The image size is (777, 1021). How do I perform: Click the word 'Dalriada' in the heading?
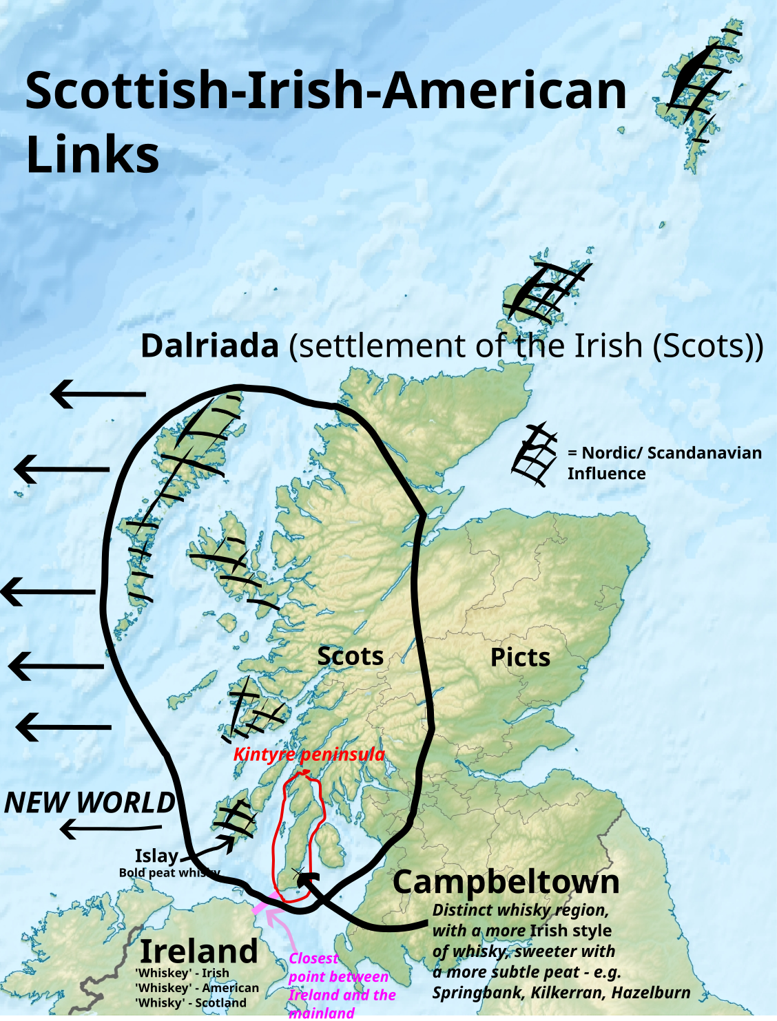209,346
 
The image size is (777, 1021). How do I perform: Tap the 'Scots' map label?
350,656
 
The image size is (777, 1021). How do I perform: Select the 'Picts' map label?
520,657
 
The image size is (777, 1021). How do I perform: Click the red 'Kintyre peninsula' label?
309,755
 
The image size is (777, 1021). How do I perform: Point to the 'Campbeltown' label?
506,882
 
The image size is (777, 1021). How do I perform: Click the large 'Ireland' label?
199,951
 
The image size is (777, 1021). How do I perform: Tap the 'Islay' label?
156,856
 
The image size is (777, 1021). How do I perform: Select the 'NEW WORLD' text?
90,803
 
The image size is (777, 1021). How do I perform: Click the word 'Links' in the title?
92,154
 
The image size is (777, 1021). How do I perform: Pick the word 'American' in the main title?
504,91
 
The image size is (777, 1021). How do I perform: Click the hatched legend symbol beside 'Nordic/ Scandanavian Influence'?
535,454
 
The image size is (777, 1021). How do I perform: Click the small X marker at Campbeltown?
298,873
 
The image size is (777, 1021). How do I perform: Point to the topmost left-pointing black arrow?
98,394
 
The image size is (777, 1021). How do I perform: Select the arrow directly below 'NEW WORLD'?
110,828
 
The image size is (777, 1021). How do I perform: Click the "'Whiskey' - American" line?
197,988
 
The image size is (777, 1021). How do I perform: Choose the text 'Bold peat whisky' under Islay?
169,873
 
